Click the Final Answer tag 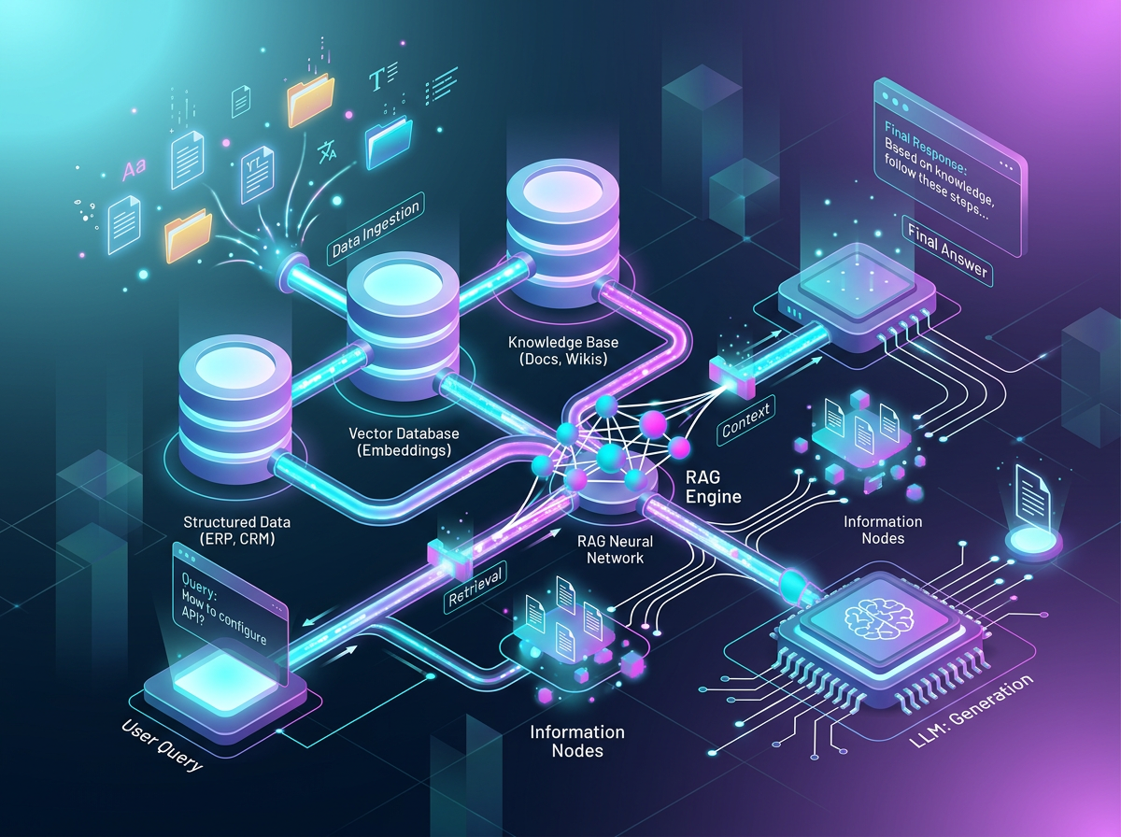[945, 248]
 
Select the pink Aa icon [135, 171]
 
